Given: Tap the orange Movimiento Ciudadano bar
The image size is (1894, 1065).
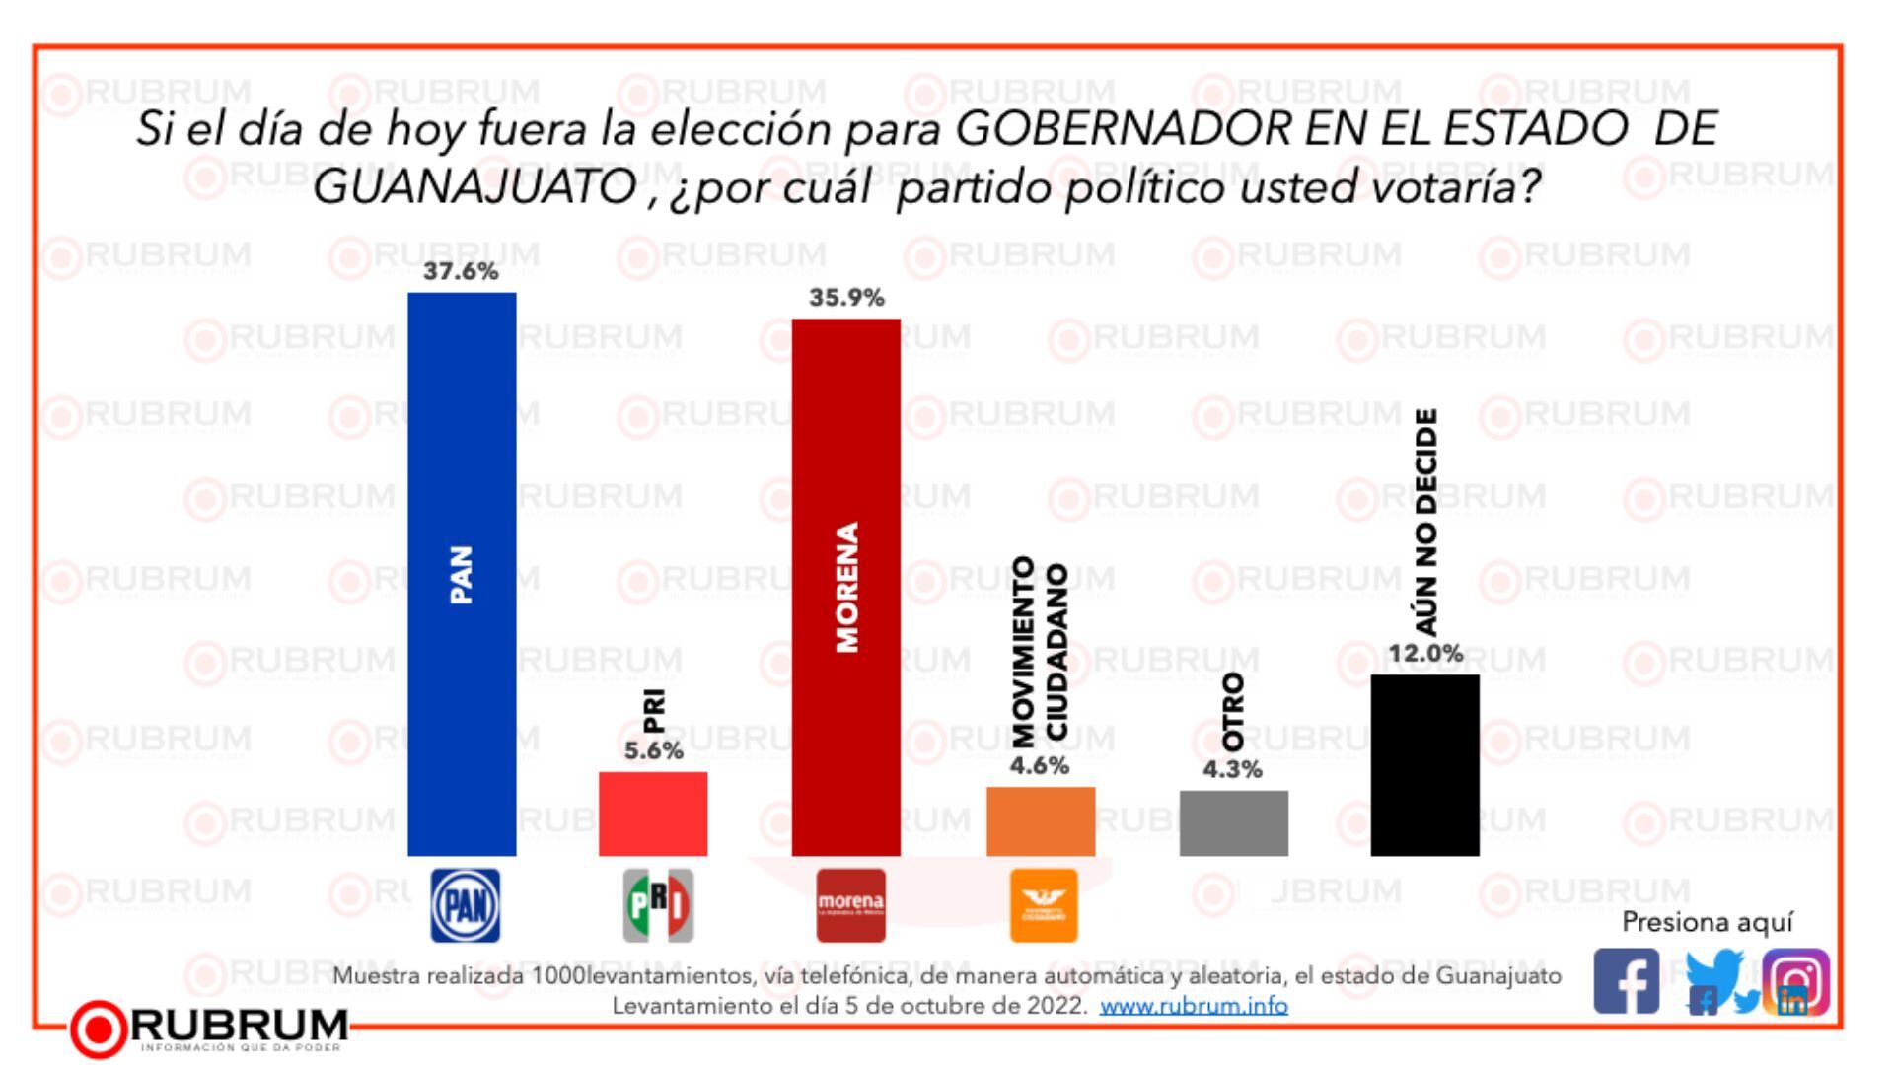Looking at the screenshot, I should pyautogui.click(x=1040, y=820).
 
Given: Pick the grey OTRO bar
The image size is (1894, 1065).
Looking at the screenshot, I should pyautogui.click(x=1233, y=822).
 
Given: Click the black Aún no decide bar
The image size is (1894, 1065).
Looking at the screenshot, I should pyautogui.click(x=1424, y=764).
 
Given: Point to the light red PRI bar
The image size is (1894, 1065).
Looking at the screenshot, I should pyautogui.click(x=653, y=814).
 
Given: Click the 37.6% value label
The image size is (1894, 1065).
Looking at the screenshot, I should pyautogui.click(x=461, y=271).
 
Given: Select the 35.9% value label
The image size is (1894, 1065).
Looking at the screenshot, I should pyautogui.click(x=845, y=297).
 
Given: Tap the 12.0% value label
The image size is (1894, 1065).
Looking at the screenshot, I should pyautogui.click(x=1425, y=653).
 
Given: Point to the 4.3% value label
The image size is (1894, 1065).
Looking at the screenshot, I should pyautogui.click(x=1232, y=769).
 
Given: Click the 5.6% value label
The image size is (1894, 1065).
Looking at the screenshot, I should pyautogui.click(x=653, y=750).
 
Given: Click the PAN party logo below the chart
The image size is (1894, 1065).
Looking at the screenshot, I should pyautogui.click(x=466, y=905).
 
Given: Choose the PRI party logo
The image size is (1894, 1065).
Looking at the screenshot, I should pyautogui.click(x=658, y=905).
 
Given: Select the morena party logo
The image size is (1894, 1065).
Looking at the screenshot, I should pyautogui.click(x=850, y=905).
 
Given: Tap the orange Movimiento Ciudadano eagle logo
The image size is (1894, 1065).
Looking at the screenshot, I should pyautogui.click(x=1044, y=905).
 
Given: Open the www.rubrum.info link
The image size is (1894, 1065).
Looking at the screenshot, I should pyautogui.click(x=1194, y=1006).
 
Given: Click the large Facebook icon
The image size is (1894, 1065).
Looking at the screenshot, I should pyautogui.click(x=1627, y=981).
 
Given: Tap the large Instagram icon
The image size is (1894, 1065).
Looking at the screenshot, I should pyautogui.click(x=1797, y=981).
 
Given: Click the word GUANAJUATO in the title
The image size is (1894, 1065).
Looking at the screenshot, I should pyautogui.click(x=474, y=187).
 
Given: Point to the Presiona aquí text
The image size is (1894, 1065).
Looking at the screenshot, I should pyautogui.click(x=1707, y=922).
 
